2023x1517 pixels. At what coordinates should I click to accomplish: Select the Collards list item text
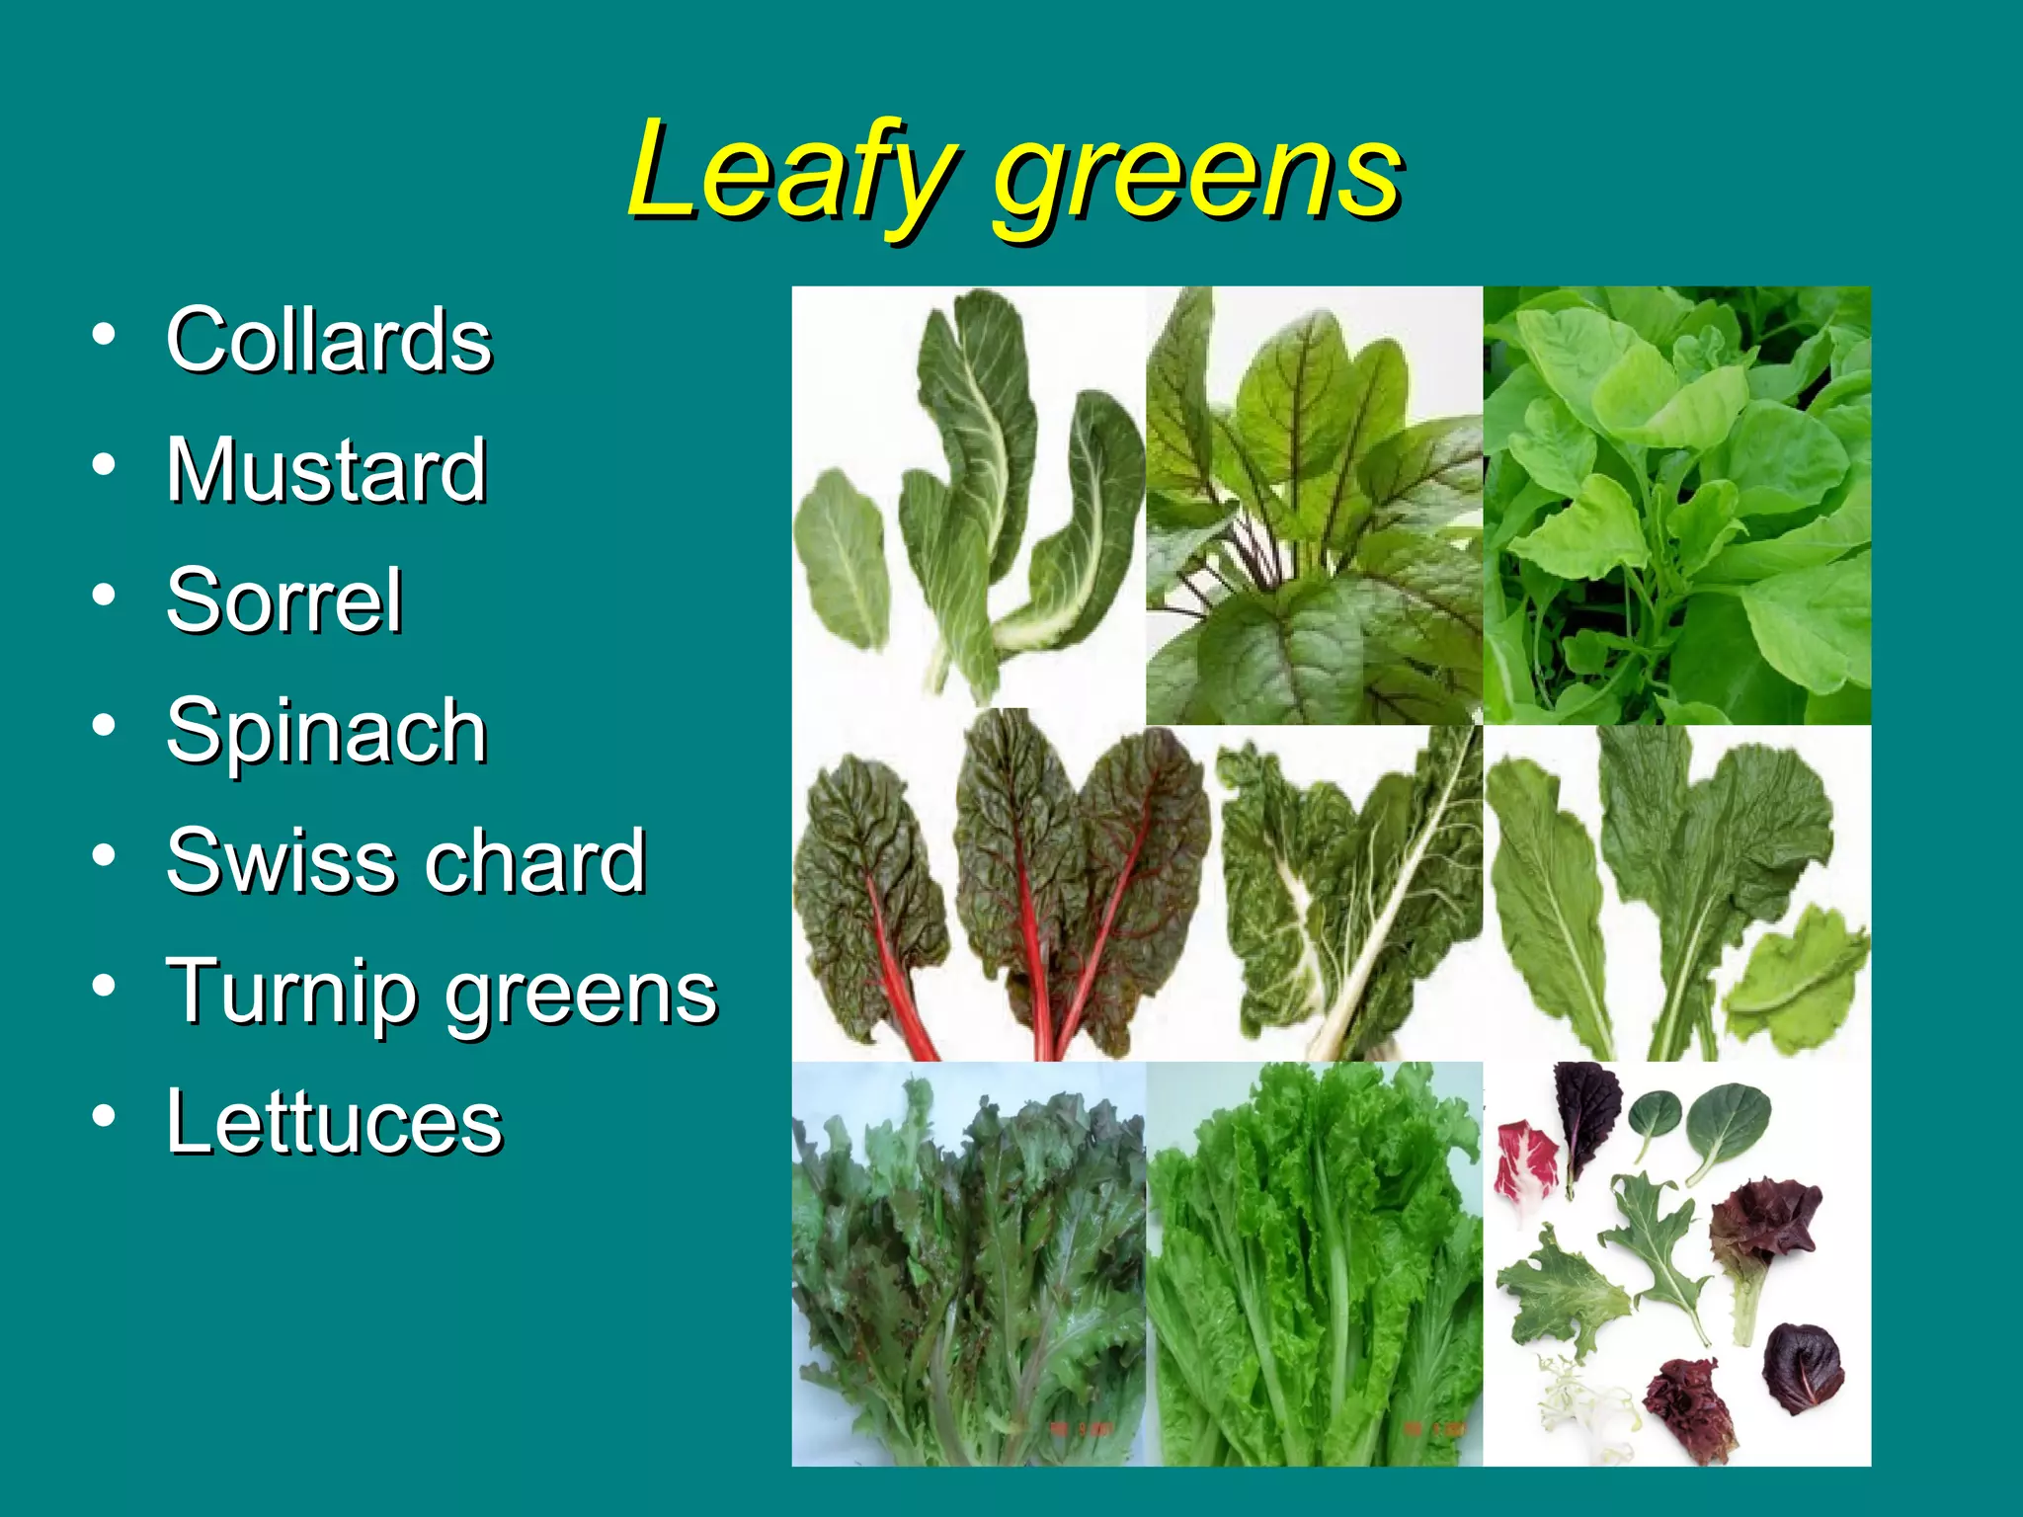(x=329, y=340)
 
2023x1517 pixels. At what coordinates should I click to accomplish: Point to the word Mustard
(x=327, y=470)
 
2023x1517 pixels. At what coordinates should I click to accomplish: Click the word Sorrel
(x=284, y=600)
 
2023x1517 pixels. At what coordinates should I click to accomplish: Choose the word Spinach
(x=327, y=732)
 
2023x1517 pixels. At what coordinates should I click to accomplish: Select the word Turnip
(x=290, y=992)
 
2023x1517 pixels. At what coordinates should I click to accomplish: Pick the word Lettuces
(x=335, y=1122)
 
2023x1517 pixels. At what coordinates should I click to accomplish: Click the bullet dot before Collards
(x=104, y=334)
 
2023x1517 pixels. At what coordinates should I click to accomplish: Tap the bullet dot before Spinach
(x=104, y=725)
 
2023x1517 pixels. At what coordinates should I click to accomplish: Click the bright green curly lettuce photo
(x=1314, y=1264)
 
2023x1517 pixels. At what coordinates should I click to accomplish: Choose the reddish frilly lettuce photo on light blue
(x=968, y=1264)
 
